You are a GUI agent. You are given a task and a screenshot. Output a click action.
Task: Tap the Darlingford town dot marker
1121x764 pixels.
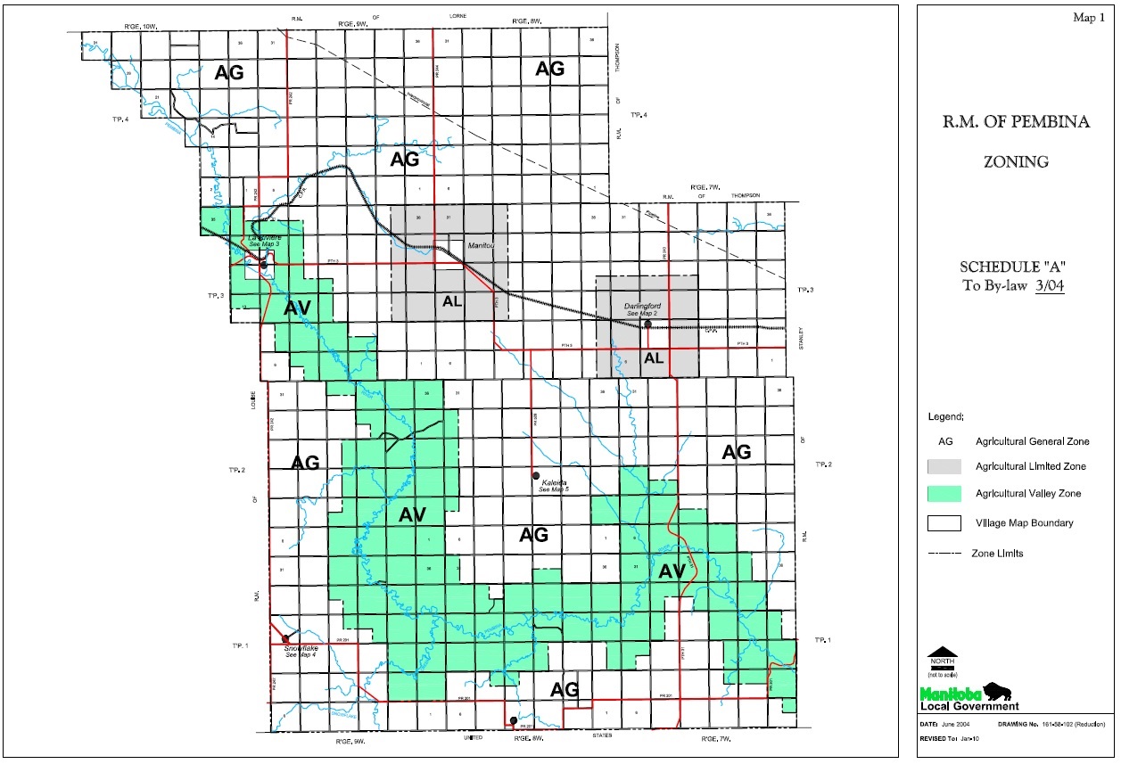coord(648,324)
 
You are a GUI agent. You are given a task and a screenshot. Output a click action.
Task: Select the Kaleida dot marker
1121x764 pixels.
coord(535,474)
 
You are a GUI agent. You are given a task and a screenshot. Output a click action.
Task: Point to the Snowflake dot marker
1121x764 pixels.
coord(285,638)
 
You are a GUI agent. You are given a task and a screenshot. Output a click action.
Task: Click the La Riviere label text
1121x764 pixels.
coord(265,238)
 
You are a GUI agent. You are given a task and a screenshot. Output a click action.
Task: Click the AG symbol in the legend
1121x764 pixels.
coord(945,441)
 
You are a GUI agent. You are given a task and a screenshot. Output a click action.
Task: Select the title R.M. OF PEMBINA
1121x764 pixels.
coord(1016,123)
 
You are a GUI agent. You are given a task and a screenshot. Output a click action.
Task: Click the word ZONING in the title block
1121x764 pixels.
coord(1016,161)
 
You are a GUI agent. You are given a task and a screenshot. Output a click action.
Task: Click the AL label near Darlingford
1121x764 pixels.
coord(654,358)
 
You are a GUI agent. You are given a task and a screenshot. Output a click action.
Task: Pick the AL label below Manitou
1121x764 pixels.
coord(452,301)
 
